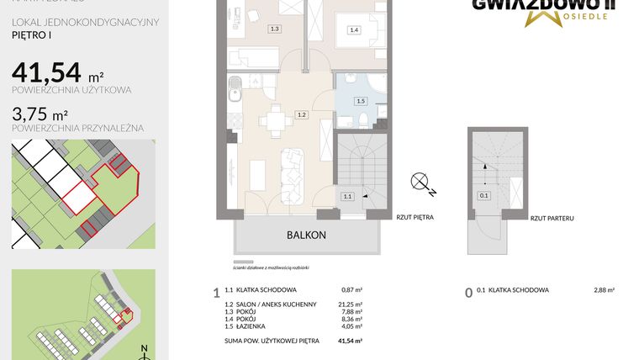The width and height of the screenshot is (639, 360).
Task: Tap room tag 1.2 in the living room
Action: tap(302, 115)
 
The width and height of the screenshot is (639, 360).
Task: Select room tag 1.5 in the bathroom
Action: tap(361, 102)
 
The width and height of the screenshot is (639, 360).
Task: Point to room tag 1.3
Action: tap(274, 29)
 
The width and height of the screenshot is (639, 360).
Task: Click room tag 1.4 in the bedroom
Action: tap(354, 30)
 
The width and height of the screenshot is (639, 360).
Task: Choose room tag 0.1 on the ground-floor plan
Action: tap(483, 196)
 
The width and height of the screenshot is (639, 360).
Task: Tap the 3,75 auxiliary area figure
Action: tap(35, 114)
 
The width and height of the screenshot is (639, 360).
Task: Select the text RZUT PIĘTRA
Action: tap(415, 217)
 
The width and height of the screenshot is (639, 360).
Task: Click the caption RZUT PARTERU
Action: tap(552, 218)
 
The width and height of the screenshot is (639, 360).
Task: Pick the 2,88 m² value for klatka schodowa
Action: tap(604, 290)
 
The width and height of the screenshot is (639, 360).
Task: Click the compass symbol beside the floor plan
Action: tap(421, 183)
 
